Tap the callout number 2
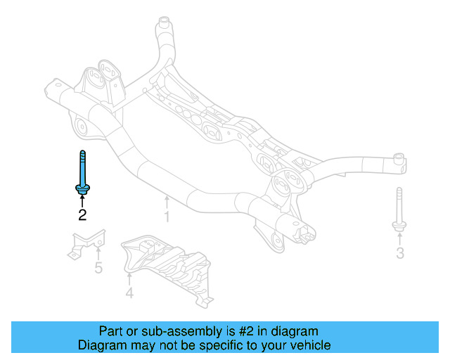coord(82,215)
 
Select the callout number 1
coord(167,217)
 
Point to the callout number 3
coord(399,253)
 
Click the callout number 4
coord(129,292)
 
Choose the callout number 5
coord(98,268)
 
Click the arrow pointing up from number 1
coord(167,200)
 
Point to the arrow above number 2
coord(82,201)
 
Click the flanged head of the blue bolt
coord(82,188)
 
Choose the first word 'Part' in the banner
coord(110,330)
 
